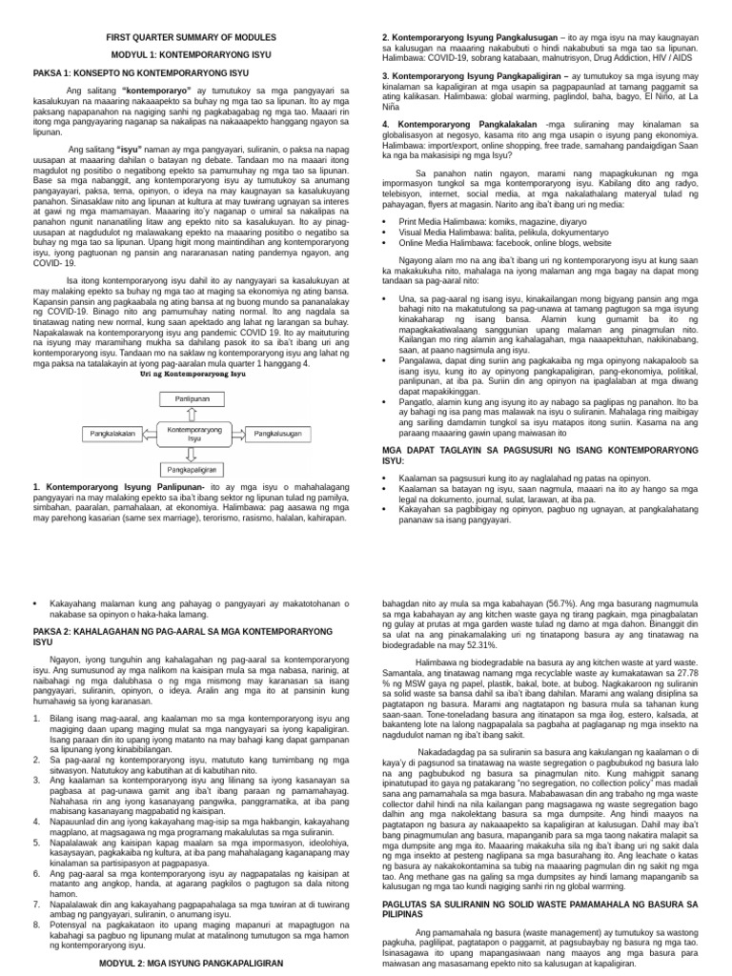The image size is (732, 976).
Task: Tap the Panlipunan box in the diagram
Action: coord(193,398)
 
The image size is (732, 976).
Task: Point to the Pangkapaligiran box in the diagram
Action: coord(193,469)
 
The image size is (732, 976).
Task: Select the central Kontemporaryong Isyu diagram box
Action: coord(194,434)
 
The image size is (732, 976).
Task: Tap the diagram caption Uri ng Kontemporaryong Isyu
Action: coord(193,376)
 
